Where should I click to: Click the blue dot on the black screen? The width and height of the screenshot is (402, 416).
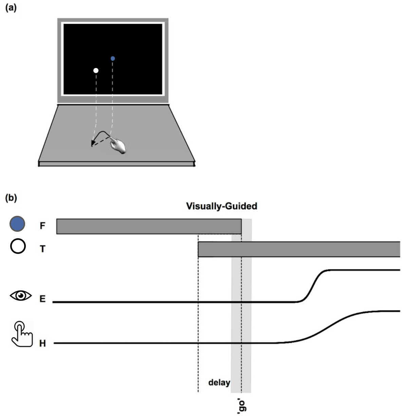(x=113, y=58)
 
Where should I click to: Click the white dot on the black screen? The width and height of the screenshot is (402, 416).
(x=96, y=70)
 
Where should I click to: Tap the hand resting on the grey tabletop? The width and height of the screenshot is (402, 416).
(x=118, y=146)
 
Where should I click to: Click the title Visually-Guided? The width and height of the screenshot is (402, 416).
(x=221, y=206)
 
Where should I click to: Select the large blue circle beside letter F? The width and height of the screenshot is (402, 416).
(x=17, y=224)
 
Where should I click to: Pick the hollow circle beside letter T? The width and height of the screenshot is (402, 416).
(x=18, y=246)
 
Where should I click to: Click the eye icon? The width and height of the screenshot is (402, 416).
(x=21, y=296)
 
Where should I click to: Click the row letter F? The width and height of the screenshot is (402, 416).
(x=42, y=226)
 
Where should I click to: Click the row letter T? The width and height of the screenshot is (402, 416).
(x=42, y=249)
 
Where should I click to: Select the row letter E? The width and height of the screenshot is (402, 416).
(x=42, y=299)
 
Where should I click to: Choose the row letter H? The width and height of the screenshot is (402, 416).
(x=42, y=343)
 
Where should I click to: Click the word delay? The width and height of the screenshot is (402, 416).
(x=219, y=383)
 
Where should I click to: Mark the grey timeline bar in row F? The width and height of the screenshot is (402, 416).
(x=149, y=226)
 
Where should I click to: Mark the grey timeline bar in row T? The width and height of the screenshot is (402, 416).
(x=299, y=249)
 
